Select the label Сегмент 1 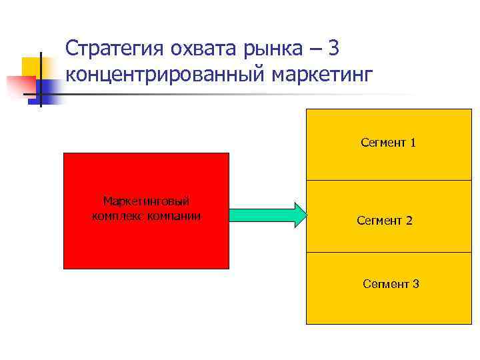pyautogui.click(x=388, y=142)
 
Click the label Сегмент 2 pyautogui.click(x=385, y=220)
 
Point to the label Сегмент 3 pyautogui.click(x=391, y=284)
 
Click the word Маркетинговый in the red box pyautogui.click(x=147, y=201)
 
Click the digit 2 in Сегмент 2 pyautogui.click(x=409, y=220)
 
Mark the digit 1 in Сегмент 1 pyautogui.click(x=413, y=142)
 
